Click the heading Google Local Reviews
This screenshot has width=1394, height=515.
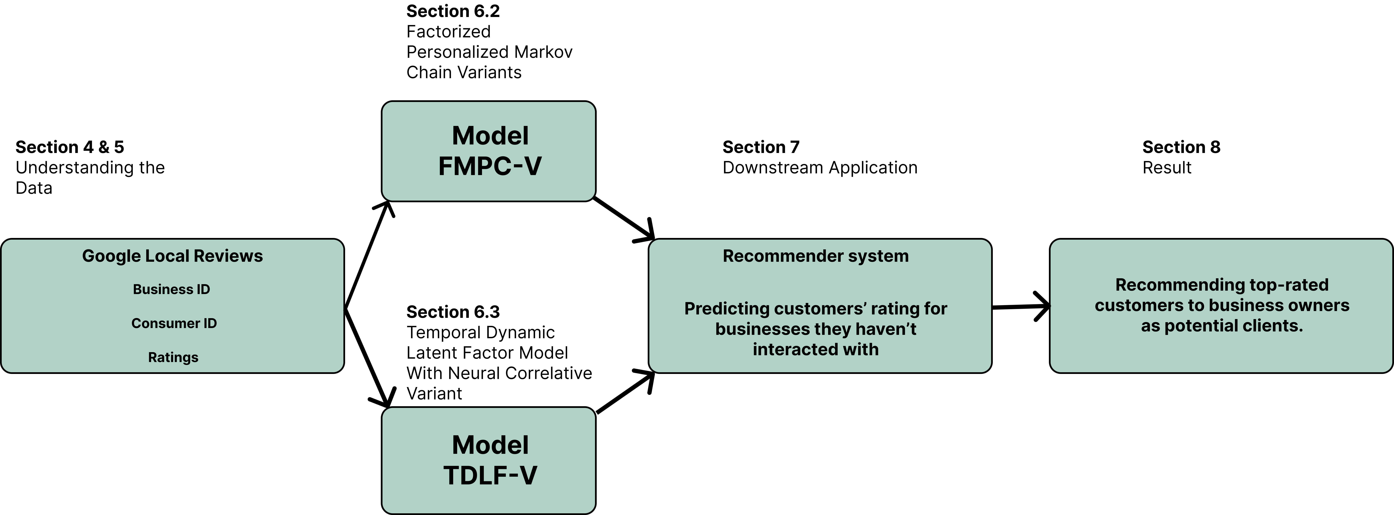pos(172,256)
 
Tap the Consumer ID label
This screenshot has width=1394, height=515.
pos(174,323)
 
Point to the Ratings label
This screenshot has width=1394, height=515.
pos(173,358)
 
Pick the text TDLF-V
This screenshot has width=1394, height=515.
pos(490,476)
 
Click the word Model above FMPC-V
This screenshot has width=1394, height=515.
pos(490,136)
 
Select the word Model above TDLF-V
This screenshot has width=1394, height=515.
pos(490,445)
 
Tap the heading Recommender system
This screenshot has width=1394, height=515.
pos(815,256)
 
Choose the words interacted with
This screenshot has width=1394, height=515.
pos(815,349)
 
